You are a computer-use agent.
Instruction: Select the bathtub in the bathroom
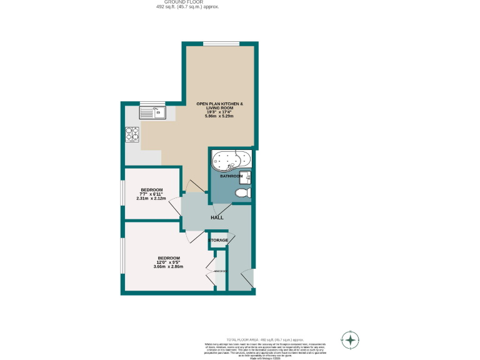point(231,160)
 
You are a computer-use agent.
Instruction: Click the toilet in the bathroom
point(241,194)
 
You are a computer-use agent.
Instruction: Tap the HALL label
point(217,217)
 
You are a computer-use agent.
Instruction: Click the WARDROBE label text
point(219,271)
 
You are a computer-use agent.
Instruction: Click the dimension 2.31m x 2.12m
point(151,198)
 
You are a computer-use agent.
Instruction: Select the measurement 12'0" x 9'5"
point(169,262)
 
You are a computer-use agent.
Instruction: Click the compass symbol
point(351,341)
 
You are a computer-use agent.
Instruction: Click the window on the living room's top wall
point(221,43)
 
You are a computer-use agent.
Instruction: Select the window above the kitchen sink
point(148,103)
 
